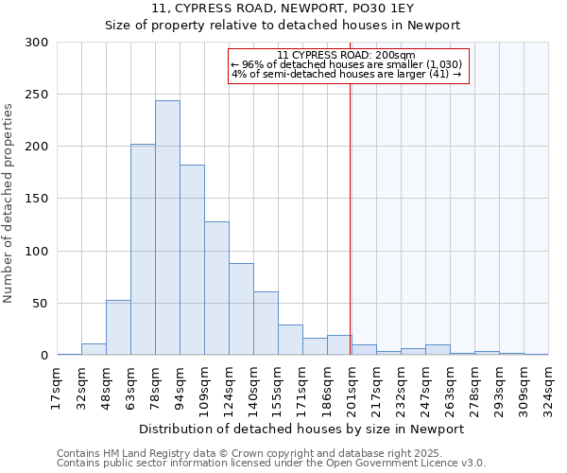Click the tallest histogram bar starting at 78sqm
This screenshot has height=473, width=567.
click(x=167, y=228)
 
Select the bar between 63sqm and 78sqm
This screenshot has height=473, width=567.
click(x=143, y=250)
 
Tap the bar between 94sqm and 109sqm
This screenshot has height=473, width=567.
click(x=192, y=260)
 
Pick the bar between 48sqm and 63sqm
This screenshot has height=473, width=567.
click(x=118, y=327)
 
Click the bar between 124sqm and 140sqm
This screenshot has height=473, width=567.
click(x=241, y=309)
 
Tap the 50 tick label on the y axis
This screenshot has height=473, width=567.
click(x=40, y=304)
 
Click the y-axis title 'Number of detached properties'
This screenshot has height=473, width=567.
click(x=9, y=203)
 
